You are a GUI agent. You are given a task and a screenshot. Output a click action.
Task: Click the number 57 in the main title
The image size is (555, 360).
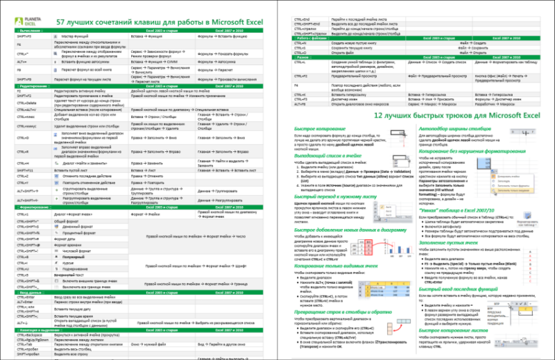click(62, 21)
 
